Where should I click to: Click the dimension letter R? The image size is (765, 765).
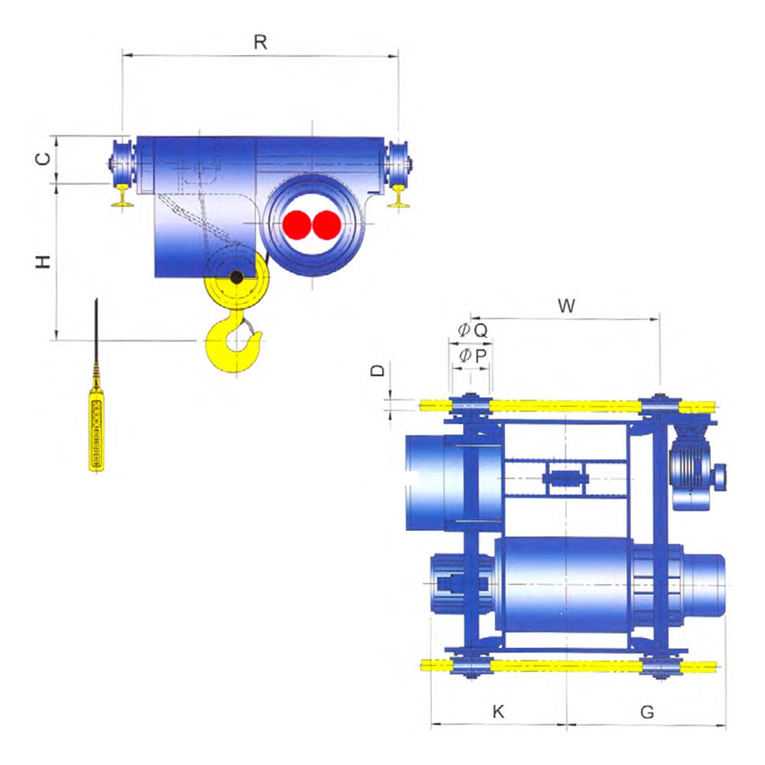tap(261, 42)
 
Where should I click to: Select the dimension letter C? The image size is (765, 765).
tap(44, 158)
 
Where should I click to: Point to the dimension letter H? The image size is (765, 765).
tap(44, 262)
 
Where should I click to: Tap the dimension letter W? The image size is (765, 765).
tap(566, 306)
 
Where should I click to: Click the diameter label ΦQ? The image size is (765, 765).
tap(473, 330)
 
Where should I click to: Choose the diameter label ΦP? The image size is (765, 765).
tap(473, 356)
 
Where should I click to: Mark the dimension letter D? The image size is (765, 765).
tap(378, 370)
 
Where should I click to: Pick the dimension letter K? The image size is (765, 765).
tap(498, 711)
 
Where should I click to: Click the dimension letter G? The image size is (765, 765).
tap(647, 712)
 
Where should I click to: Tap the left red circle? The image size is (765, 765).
tap(297, 225)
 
